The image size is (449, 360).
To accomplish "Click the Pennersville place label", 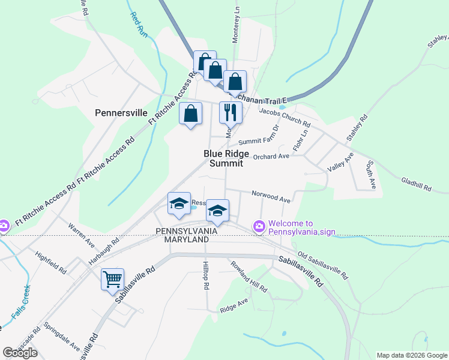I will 121,112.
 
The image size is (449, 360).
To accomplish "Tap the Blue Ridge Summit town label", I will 223,158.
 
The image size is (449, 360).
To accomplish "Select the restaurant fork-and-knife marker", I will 231,112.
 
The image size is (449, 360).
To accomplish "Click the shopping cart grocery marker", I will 112,279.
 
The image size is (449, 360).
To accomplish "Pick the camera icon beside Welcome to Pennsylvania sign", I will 259,226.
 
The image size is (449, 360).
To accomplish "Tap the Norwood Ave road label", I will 271,196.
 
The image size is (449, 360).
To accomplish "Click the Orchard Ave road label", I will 271,157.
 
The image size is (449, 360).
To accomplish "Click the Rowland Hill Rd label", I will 247,275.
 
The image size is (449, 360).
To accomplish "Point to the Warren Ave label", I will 82,235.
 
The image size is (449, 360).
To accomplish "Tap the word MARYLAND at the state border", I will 182,239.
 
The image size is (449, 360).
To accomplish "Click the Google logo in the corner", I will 20,353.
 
